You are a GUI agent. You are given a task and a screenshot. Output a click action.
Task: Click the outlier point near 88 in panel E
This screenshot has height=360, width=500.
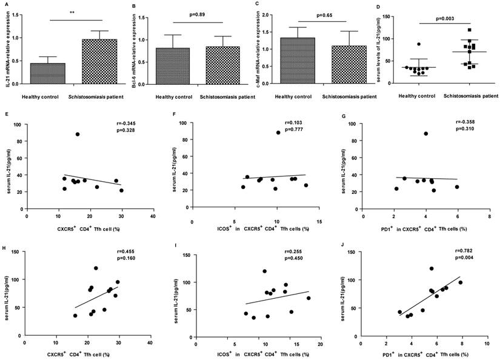tap(78, 134)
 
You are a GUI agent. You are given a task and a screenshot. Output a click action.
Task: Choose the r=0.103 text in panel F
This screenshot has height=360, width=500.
tap(301, 124)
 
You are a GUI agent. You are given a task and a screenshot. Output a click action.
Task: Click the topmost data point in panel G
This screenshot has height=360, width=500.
tap(426, 133)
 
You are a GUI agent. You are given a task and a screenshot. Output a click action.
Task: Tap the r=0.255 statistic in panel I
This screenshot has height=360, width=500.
tap(301, 259)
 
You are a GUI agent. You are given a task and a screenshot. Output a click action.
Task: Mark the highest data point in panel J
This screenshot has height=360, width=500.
tap(432, 268)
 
